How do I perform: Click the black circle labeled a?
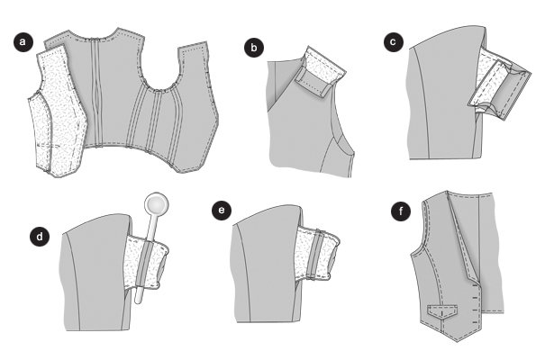tap(23, 42)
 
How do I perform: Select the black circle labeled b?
tap(254, 48)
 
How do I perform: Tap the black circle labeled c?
tap(394, 42)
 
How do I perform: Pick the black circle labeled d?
tap(40, 236)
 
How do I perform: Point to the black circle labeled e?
tap(222, 211)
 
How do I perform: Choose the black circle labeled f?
tap(401, 211)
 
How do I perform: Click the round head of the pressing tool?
tap(156, 204)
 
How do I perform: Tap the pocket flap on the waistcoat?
tap(442, 311)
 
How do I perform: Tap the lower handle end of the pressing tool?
tap(138, 299)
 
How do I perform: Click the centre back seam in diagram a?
tap(95, 93)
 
